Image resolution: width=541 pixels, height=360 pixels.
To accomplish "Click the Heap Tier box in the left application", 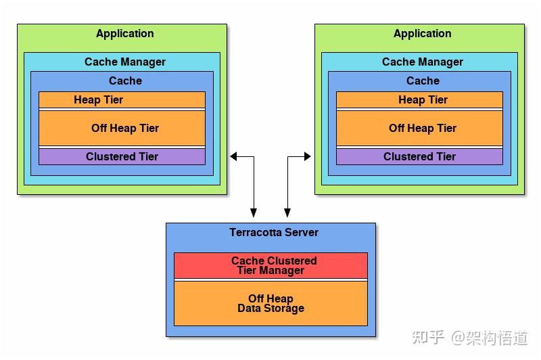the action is click(122, 99).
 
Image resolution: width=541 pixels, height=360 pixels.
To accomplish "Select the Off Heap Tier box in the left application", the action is click(122, 128).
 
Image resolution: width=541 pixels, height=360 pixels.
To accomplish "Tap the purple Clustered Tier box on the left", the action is click(122, 157).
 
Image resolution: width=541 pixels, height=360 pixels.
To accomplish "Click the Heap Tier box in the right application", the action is click(419, 99).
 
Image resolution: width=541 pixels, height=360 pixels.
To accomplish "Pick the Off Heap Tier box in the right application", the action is click(419, 128).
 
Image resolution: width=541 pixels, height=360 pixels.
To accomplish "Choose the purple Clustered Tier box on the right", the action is click(419, 157).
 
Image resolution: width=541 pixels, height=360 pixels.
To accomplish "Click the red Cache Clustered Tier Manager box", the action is click(271, 265).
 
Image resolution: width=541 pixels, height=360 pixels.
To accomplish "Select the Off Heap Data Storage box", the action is click(271, 303).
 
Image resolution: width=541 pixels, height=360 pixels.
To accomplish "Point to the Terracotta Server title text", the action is click(274, 232).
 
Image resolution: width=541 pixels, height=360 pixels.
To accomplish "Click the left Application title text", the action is click(125, 34).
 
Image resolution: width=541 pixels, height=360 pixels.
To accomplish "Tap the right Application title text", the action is click(422, 34).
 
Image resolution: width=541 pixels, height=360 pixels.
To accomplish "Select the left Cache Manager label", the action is click(125, 62).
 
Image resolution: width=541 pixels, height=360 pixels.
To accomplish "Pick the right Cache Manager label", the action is click(422, 62).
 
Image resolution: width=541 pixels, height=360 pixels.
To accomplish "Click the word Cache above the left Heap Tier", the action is click(125, 81).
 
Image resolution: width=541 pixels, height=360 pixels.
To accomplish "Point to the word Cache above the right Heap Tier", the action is click(423, 81).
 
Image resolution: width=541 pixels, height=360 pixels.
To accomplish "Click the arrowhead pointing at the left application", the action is click(233, 157).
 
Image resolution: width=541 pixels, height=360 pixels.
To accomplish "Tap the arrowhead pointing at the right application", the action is click(308, 157).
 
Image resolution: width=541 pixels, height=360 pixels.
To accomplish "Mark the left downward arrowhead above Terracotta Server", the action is click(254, 212).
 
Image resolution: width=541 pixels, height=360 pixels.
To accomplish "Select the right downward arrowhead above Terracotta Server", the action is click(287, 212).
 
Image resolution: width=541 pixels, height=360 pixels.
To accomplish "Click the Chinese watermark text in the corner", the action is click(470, 337).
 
